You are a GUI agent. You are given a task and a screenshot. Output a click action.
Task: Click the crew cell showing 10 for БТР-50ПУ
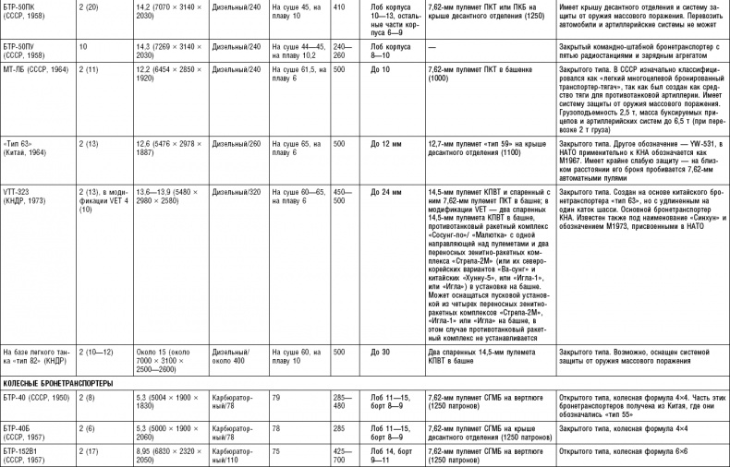83,43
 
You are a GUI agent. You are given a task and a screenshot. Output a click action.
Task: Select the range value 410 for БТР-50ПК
339,6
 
